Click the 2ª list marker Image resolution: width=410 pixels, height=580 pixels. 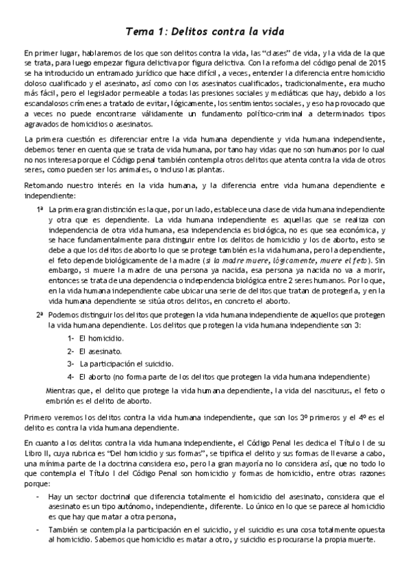pyautogui.click(x=40, y=314)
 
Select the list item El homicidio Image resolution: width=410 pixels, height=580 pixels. pyautogui.click(x=101, y=339)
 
